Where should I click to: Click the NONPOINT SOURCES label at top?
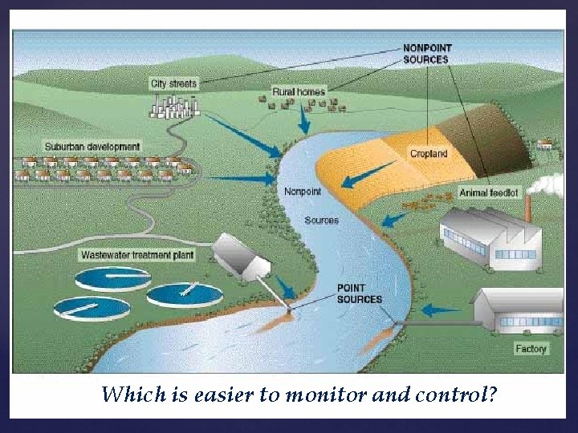coord(426,54)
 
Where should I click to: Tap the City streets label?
coord(173,83)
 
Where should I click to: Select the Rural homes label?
coord(299,92)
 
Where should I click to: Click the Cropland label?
coord(429,153)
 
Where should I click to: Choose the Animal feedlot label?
coord(489,192)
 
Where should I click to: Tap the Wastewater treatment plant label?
coord(137,255)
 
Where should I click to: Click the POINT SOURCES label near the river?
coord(359,293)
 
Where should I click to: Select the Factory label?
coord(531,349)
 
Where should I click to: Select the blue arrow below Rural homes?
coord(303,119)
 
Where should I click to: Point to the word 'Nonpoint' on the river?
coord(303,191)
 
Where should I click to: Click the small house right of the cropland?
coord(545,144)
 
